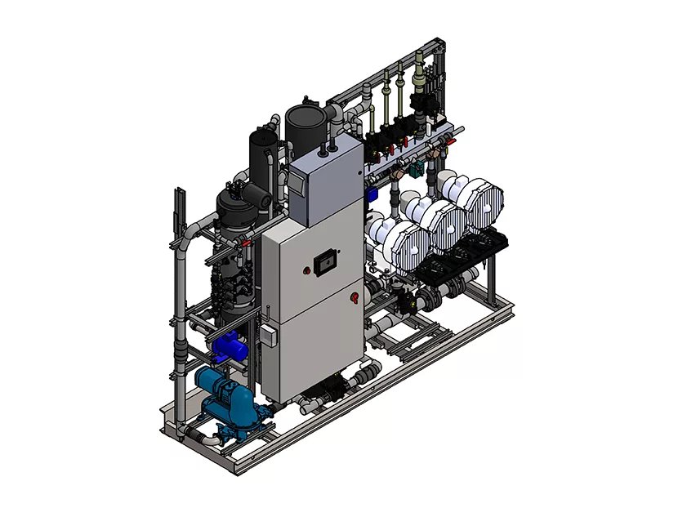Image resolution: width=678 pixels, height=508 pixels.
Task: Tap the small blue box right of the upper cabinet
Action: tap(370, 194)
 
